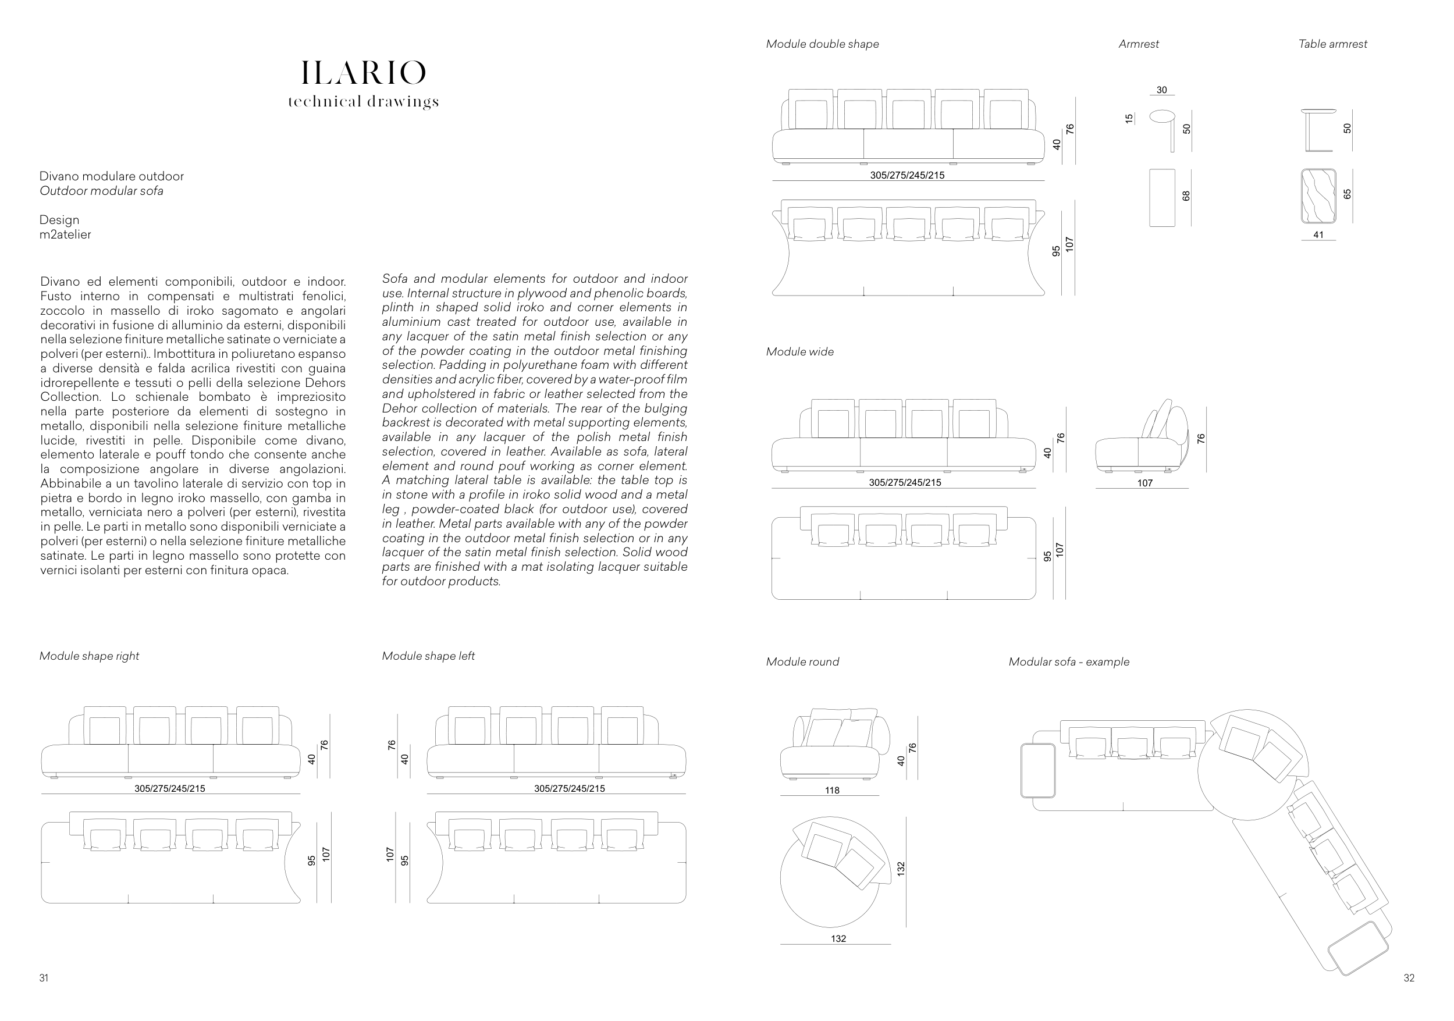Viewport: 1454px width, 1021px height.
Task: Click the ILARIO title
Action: point(363,73)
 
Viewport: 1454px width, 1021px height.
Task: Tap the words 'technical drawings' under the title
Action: point(363,101)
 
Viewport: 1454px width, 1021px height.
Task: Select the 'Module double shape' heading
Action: point(822,44)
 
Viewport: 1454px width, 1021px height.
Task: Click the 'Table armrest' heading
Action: point(1332,44)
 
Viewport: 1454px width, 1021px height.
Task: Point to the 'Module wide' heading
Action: point(800,352)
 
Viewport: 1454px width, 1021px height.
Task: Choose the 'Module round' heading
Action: point(802,662)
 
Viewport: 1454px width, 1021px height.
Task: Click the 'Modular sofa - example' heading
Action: point(1068,662)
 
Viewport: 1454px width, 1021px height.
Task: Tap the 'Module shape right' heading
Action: point(89,656)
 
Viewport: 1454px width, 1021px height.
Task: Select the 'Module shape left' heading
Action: point(428,656)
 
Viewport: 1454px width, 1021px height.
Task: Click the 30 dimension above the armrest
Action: point(1161,90)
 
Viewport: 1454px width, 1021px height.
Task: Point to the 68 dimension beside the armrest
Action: point(1186,197)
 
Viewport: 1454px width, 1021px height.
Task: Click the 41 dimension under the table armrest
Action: point(1318,235)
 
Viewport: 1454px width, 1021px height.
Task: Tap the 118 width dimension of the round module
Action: point(832,791)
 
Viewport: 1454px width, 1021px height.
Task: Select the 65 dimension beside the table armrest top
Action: point(1347,194)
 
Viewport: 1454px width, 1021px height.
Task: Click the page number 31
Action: point(44,978)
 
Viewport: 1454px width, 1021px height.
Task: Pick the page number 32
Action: point(1409,978)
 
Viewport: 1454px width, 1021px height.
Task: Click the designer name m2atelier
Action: point(65,235)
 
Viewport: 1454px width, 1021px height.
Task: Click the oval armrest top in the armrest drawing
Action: point(1161,116)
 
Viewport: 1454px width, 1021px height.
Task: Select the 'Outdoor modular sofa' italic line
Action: point(101,191)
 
